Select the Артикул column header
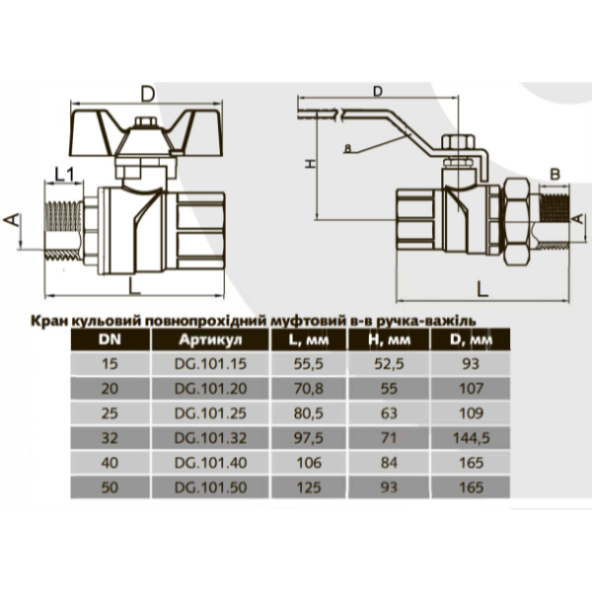208,340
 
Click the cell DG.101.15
208,364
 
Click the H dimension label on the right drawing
308,164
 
